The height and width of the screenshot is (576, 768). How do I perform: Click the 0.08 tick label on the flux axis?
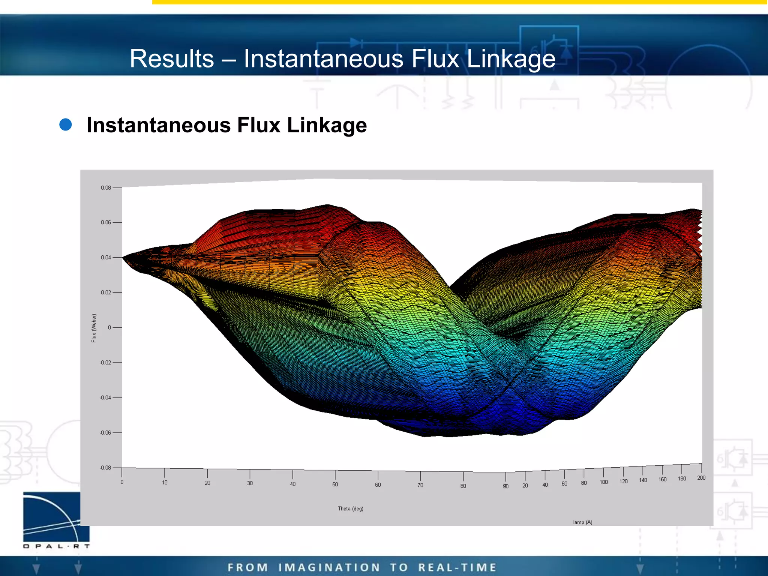pos(106,188)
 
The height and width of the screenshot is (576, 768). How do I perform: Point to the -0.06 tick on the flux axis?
pos(105,433)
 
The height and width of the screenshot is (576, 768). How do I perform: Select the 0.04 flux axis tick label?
pos(106,258)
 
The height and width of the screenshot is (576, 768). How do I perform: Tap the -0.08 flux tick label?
pos(105,468)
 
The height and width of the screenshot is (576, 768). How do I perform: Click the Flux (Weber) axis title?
pos(94,328)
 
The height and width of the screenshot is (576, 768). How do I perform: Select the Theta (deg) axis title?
pos(350,509)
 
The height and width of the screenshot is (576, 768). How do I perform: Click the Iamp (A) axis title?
pos(582,522)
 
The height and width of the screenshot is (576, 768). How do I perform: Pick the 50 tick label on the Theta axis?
pos(335,484)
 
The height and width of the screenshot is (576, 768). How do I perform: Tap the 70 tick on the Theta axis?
pos(420,485)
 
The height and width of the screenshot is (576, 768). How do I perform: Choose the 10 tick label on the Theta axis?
pos(165,483)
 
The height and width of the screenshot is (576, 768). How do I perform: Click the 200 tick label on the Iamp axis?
pos(701,478)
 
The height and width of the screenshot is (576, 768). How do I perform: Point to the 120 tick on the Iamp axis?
pos(623,481)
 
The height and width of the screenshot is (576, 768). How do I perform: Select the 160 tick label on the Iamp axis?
pos(662,479)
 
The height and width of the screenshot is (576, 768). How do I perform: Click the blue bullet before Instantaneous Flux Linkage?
pos(66,125)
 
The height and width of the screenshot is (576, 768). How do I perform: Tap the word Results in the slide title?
pos(172,59)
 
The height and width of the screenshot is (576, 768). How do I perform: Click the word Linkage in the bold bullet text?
pos(327,125)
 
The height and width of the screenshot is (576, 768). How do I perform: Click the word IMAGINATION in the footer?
pos(329,567)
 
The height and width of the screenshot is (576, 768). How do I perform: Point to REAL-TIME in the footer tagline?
pos(457,567)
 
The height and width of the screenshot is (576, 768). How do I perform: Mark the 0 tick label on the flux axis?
pos(109,328)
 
